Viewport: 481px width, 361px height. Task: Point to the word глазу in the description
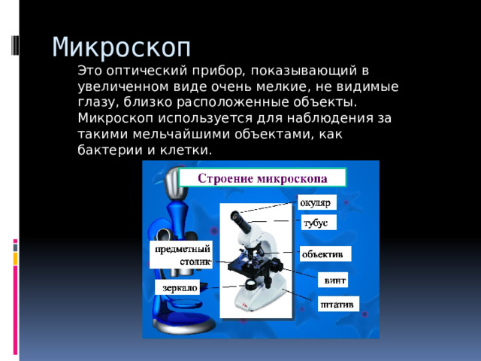pyautogui.click(x=95, y=103)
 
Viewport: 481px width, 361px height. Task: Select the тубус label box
pyautogui.click(x=317, y=223)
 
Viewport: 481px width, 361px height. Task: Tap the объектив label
pyautogui.click(x=325, y=253)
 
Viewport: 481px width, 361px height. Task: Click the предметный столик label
pyautogui.click(x=181, y=255)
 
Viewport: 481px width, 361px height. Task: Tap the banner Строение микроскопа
pyautogui.click(x=262, y=178)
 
